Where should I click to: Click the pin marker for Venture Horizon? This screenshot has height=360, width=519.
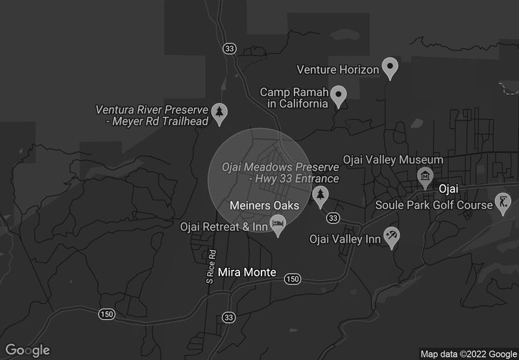[389, 67]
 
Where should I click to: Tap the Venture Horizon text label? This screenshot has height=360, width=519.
[337, 69]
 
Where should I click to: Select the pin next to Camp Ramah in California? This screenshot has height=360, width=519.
[338, 96]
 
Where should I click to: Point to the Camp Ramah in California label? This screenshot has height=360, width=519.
[294, 98]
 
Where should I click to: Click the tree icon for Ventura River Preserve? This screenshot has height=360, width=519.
[221, 113]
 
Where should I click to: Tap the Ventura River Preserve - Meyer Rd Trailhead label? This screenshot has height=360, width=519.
[151, 115]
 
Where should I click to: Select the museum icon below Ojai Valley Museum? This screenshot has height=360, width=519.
[425, 176]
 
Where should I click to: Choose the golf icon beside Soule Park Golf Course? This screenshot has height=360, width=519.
[503, 204]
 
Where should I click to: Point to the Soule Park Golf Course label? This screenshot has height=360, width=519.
[434, 205]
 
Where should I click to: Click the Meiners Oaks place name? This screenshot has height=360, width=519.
[264, 206]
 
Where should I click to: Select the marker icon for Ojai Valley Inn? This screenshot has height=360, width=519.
[391, 237]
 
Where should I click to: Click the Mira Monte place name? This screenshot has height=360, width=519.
[247, 272]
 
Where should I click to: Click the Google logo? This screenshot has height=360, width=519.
[28, 350]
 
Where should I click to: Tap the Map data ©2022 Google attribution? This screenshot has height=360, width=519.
[467, 354]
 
